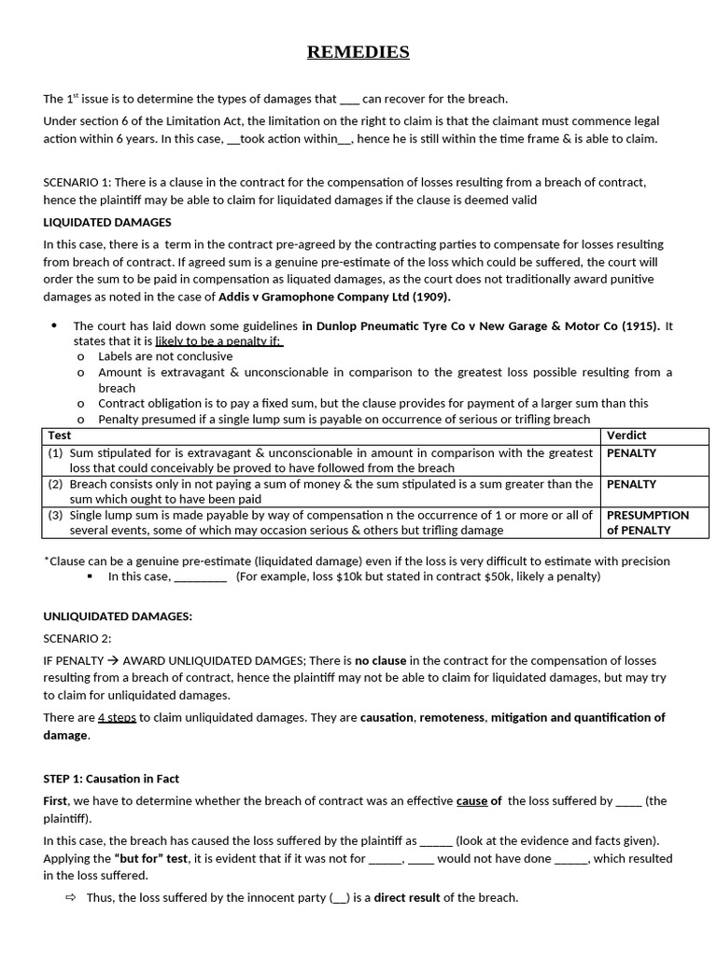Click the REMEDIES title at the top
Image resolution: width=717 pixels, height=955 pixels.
[x=358, y=52]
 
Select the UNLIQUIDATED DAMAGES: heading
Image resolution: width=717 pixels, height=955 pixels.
[x=118, y=616]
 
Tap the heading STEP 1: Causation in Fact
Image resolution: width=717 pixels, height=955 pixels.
[x=111, y=779]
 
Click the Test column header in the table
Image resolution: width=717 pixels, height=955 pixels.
[x=59, y=436]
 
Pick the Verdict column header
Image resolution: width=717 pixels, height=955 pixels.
[x=626, y=436]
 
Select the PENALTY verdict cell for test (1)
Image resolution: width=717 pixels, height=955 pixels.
[x=632, y=453]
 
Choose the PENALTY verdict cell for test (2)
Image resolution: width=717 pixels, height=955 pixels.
[x=632, y=485]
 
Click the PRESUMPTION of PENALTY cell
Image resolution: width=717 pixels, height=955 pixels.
[x=648, y=522]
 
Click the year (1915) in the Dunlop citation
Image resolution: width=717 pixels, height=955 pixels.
[x=640, y=326]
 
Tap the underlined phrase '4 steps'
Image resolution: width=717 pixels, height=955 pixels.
[x=117, y=718]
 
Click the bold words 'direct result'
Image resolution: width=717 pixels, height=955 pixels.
[x=407, y=898]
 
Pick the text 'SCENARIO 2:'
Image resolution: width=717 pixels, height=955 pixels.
[x=77, y=639]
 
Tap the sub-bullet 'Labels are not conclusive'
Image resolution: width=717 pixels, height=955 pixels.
[x=165, y=356]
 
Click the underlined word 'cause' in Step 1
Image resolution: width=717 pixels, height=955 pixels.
[x=471, y=801]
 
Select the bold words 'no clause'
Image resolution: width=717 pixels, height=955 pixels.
[x=380, y=660]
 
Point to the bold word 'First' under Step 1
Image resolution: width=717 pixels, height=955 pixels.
[x=56, y=801]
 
